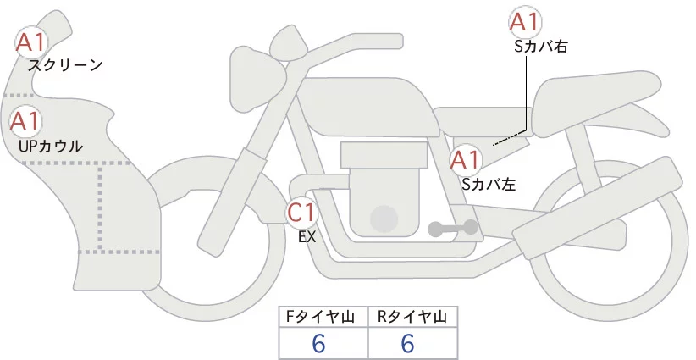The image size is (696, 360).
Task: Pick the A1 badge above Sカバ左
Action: coord(466,158)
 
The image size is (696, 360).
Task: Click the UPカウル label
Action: coord(51,146)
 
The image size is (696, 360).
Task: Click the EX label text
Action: coord(307,237)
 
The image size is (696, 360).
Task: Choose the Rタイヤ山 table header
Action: coord(412,317)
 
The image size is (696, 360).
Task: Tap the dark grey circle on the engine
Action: coord(386,218)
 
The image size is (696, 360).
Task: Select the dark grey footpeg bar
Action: coord(452,227)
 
